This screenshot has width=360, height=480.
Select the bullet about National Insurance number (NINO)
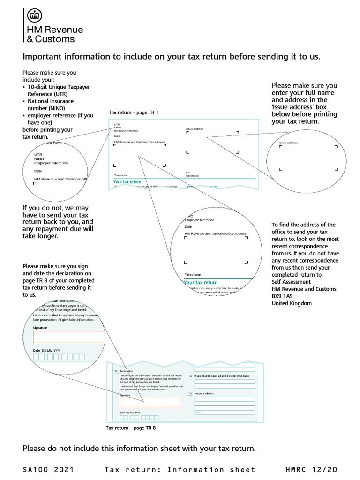(50, 105)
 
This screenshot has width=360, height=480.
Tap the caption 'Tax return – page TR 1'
(134, 112)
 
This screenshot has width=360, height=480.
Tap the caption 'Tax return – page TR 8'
(131, 428)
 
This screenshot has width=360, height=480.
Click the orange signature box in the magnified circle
(69, 337)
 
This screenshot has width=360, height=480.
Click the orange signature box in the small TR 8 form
(150, 403)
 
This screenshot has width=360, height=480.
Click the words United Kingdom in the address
(292, 303)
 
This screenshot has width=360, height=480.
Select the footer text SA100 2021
(48, 469)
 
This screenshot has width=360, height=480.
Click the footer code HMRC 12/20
(311, 469)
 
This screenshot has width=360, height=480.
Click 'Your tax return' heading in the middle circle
(201, 283)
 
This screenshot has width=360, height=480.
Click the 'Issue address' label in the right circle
(288, 142)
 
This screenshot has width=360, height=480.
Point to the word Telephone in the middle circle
(193, 275)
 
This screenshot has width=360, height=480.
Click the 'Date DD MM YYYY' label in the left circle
(47, 351)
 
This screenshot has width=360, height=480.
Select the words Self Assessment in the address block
(291, 282)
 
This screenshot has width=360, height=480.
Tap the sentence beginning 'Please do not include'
(139, 449)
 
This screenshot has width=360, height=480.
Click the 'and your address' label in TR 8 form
(204, 394)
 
